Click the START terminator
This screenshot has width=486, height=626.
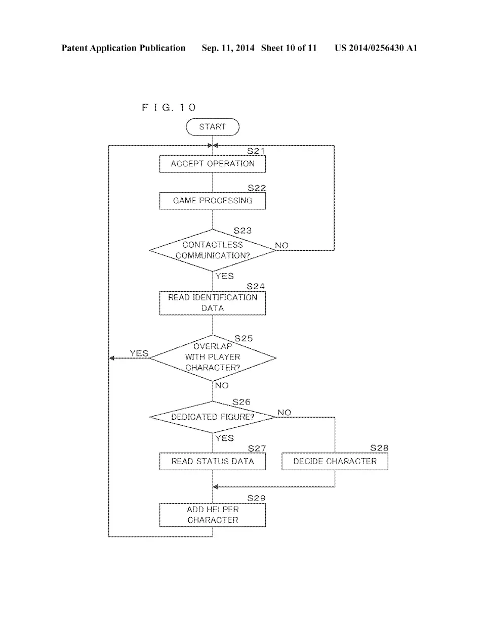213,127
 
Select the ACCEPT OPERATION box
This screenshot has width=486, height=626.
213,164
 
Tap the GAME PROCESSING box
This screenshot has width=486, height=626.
213,201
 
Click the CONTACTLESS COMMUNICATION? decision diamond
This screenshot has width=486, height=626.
213,250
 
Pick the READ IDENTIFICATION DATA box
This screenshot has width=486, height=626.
213,303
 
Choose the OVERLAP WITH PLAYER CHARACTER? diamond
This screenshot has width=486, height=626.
213,358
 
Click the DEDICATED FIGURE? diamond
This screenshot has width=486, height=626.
213,417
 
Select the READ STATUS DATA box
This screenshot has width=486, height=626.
213,461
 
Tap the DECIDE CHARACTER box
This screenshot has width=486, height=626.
335,461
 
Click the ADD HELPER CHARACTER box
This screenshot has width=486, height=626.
213,515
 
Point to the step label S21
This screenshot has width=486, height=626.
256,151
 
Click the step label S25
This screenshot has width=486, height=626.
244,338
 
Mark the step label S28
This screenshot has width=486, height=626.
379,448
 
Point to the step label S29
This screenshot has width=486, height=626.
256,498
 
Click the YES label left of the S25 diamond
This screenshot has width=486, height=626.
139,353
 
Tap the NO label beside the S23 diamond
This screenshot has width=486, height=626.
281,245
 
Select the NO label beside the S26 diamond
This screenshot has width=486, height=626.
285,413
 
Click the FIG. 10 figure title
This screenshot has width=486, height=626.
169,108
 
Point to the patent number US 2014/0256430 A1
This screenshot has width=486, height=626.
376,48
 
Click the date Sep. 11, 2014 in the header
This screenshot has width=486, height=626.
228,48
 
